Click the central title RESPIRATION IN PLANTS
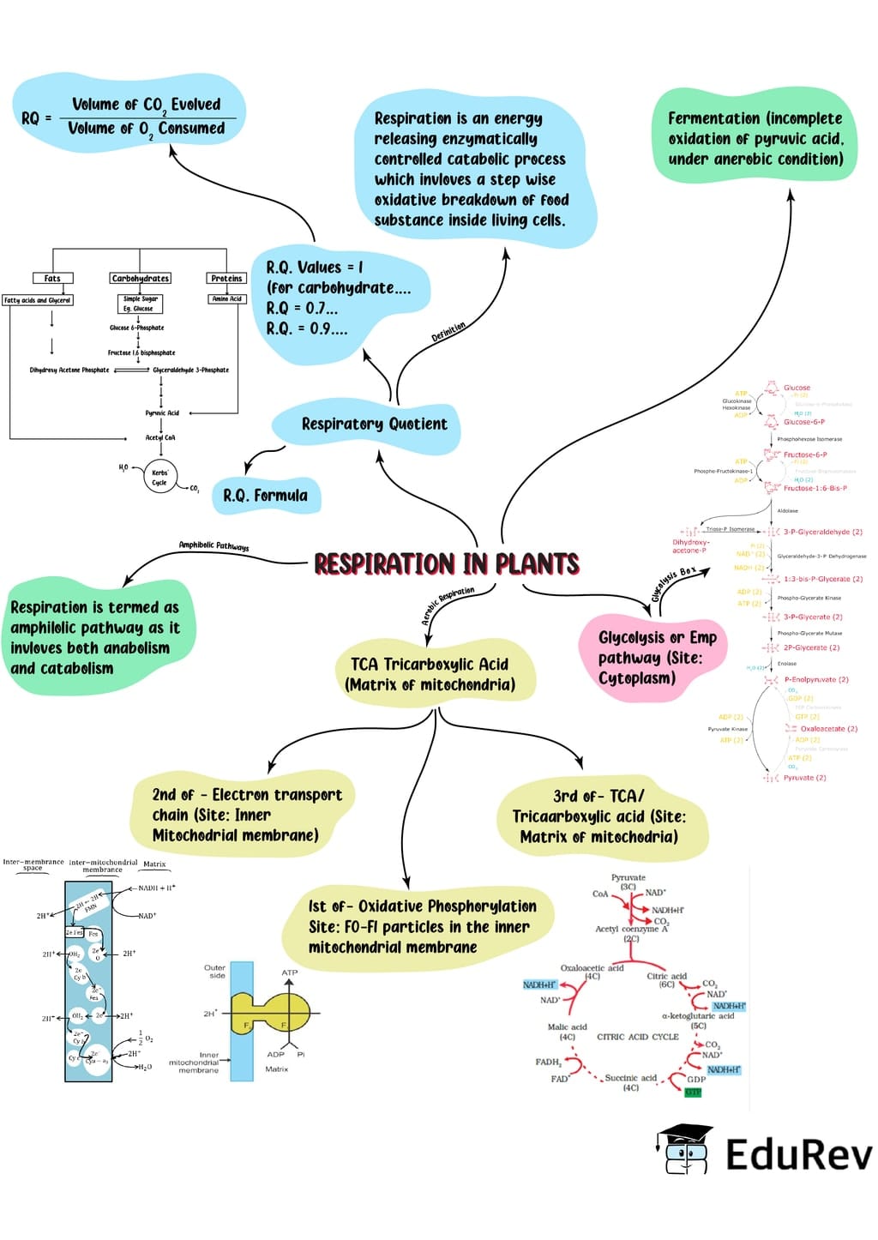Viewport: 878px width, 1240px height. click(446, 563)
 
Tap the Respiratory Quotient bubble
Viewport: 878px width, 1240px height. click(373, 424)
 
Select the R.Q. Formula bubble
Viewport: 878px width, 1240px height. click(265, 496)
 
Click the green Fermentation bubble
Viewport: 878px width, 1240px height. click(755, 138)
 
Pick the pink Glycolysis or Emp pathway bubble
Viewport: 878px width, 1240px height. click(656, 658)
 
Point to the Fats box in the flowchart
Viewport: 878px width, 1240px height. click(52, 278)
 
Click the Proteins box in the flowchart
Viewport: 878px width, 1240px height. click(226, 278)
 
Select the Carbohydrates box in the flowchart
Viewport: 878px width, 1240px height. click(140, 278)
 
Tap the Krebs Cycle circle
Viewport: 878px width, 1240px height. click(160, 477)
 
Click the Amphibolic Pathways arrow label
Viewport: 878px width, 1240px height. click(213, 545)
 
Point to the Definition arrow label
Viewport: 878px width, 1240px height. click(448, 333)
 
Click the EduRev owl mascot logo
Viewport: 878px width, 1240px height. click(687, 1150)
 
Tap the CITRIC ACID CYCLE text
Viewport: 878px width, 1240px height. click(637, 1037)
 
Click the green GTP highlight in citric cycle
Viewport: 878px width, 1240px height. click(693, 1092)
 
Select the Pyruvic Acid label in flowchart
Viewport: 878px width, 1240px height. click(162, 412)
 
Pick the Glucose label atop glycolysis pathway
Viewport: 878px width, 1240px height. click(797, 388)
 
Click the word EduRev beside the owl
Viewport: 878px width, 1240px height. click(797, 1153)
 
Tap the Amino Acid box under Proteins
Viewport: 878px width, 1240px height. click(226, 299)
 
